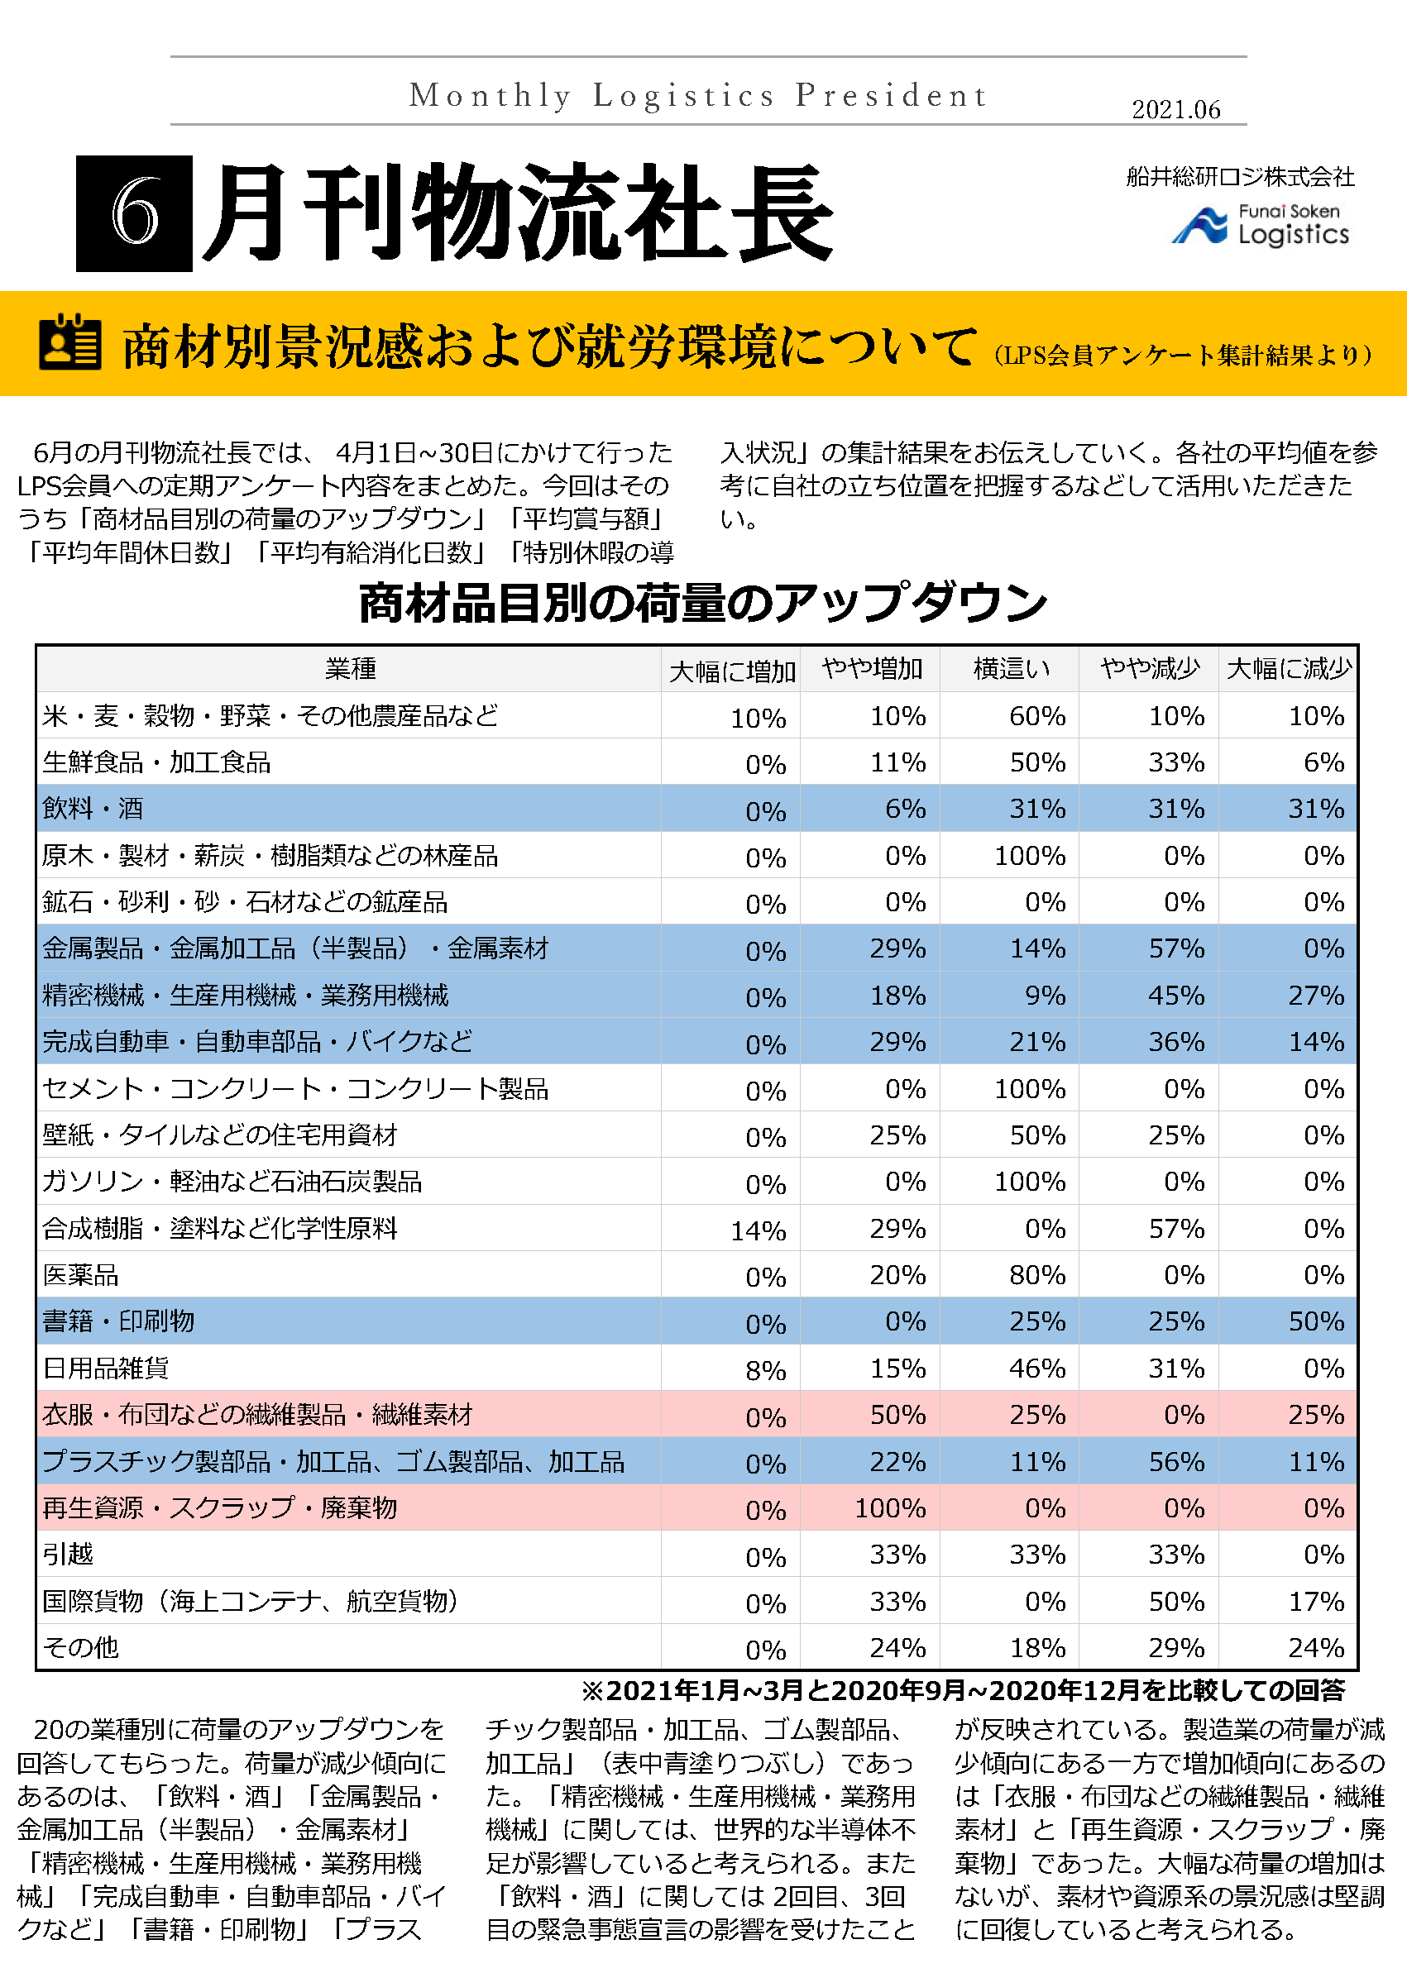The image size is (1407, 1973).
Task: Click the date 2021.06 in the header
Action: [x=1175, y=110]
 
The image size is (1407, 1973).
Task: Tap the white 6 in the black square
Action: [x=134, y=213]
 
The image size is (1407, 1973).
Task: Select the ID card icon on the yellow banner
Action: [x=70, y=342]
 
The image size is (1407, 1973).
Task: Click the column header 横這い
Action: [x=1010, y=669]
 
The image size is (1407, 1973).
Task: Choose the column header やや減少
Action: [x=1149, y=669]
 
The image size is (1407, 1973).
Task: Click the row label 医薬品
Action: [x=80, y=1274]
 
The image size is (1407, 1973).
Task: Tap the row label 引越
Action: [x=68, y=1554]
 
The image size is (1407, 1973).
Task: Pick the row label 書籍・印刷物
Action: [x=118, y=1321]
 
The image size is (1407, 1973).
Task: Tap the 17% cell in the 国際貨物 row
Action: [x=1315, y=1602]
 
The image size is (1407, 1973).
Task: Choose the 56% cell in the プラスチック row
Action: [x=1175, y=1462]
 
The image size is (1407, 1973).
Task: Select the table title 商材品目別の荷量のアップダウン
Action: [x=702, y=603]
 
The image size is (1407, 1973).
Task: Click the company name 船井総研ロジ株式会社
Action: [x=1240, y=177]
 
